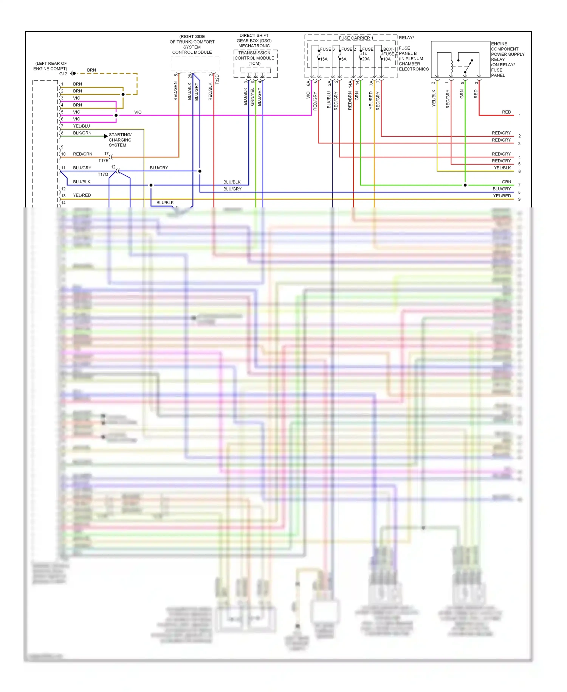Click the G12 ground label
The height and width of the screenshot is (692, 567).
[63, 74]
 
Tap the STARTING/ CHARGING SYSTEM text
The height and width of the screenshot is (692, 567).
[120, 140]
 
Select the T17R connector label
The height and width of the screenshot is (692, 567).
[103, 161]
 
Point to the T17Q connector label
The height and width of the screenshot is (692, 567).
[102, 175]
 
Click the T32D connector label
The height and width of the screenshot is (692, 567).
[217, 79]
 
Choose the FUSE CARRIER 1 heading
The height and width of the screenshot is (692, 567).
[356, 38]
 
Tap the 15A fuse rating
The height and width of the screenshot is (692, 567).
[324, 59]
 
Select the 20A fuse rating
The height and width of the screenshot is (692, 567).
[366, 59]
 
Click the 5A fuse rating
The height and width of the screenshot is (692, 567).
[344, 59]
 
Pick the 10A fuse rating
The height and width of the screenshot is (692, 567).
[387, 59]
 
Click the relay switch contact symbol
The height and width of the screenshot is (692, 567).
[468, 66]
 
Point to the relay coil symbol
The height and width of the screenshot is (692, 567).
[451, 66]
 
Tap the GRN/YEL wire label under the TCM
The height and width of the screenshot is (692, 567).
[253, 97]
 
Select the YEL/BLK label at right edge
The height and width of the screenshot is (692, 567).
[502, 168]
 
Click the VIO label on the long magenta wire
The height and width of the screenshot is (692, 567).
[138, 112]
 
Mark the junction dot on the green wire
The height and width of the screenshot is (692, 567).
[465, 185]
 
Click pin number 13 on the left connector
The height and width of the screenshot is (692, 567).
[63, 196]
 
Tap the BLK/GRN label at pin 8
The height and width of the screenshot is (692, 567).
[82, 133]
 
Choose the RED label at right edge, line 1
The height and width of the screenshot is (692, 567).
[506, 112]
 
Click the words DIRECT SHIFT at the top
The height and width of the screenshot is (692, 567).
[254, 36]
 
